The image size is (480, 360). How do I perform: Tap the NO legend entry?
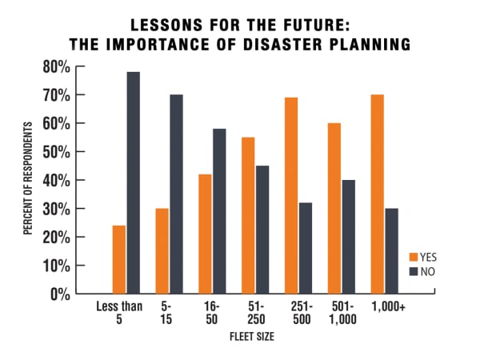423,271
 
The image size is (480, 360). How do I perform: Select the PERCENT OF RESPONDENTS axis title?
27,179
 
